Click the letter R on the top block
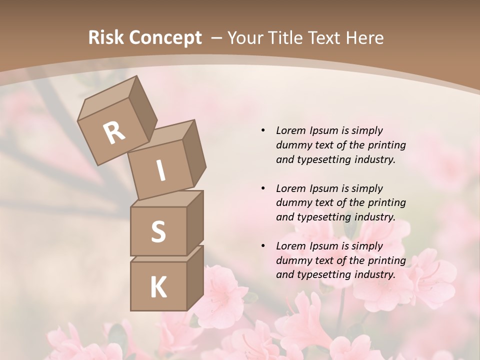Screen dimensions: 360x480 pos(114,132)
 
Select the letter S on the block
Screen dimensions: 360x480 pos(158,231)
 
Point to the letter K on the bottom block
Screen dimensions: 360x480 pos(158,287)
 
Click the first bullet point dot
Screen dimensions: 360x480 pos(263,130)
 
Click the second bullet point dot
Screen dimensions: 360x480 pos(263,188)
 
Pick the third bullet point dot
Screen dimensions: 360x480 pos(263,246)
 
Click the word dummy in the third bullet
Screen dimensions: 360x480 pos(293,260)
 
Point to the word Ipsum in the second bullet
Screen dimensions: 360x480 pos(323,188)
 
